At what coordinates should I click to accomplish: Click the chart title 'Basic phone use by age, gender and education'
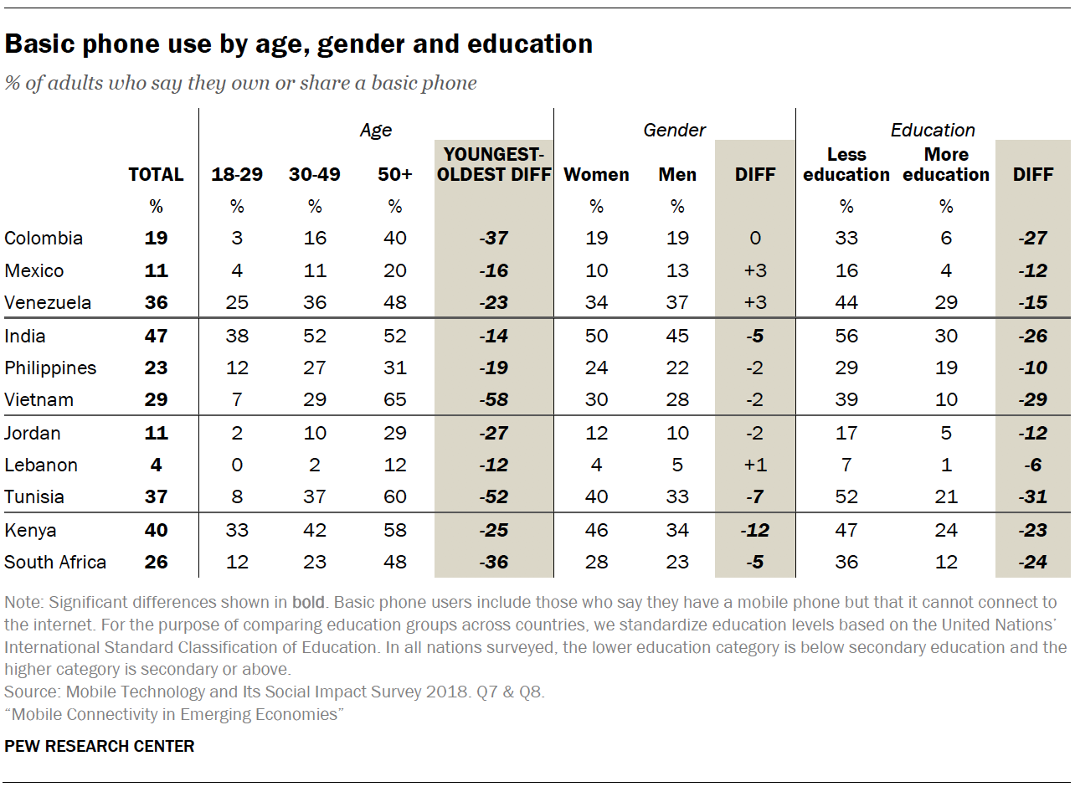pos(299,44)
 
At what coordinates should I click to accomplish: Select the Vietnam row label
pos(39,400)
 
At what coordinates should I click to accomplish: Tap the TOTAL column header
pos(156,175)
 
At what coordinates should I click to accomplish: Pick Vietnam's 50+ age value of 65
pos(395,400)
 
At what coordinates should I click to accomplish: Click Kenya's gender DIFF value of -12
pos(754,531)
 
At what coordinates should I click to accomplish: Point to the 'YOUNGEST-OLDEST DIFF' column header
pos(494,165)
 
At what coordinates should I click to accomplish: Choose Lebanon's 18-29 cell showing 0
pos(237,465)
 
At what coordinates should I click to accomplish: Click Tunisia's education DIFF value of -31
pos(1032,497)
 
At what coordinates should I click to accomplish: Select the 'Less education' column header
pos(846,165)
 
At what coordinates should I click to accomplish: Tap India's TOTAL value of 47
pos(156,337)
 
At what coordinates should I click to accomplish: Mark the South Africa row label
pos(55,562)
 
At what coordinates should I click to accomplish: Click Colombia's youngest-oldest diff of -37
pos(494,239)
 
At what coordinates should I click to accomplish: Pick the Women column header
pos(596,175)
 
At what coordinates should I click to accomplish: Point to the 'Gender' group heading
pos(674,130)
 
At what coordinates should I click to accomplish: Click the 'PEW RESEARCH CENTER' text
pos(100,746)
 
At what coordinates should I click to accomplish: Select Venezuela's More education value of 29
pos(946,303)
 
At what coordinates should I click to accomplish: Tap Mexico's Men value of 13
pos(677,271)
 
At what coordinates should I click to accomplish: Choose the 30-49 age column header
pos(315,175)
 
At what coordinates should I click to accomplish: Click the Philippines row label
pos(50,368)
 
